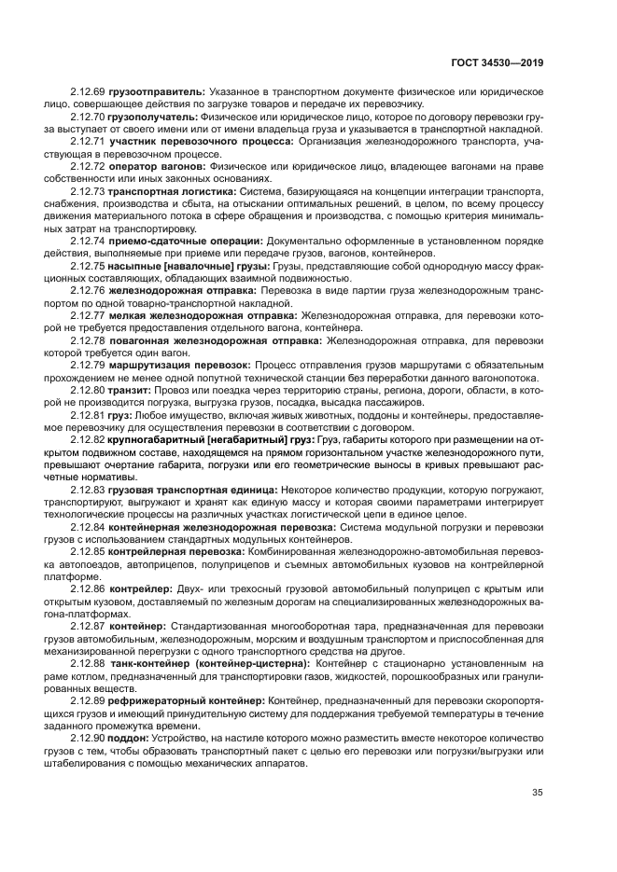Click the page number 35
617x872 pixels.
537,793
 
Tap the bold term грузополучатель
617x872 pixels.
151,118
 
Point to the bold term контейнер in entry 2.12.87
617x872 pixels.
138,628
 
